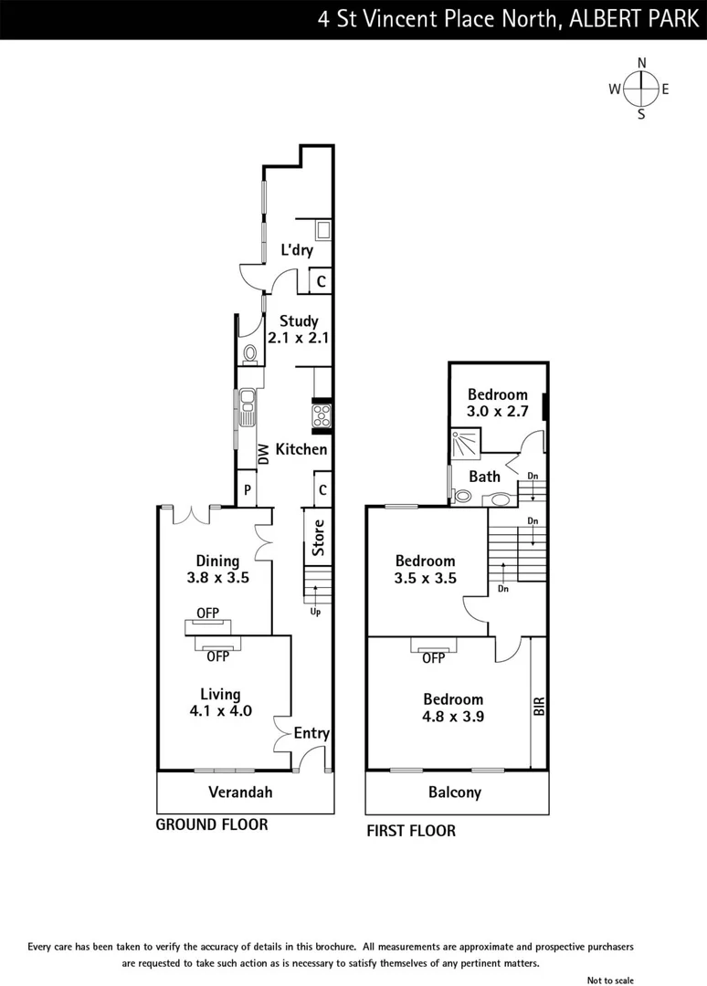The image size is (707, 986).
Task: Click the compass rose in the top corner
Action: pos(641,88)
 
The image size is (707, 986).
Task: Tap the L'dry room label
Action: pos(297,250)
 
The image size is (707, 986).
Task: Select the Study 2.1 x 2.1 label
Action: pos(298,329)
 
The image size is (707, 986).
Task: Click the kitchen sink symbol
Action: pos(247,408)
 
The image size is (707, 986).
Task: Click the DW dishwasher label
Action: pos(262,451)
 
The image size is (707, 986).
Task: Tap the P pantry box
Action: pos(247,490)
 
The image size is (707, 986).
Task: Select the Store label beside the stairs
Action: pos(318,539)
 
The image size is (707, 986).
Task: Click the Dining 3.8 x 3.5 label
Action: pos(217,570)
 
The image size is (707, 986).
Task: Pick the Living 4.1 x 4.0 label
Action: pos(219,702)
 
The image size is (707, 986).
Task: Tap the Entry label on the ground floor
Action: pos(311,733)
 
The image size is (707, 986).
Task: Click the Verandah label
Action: pos(240,792)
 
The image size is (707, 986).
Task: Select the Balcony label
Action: pos(454,792)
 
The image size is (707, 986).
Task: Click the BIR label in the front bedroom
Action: pos(539,706)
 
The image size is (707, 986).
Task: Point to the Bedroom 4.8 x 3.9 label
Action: pos(452,708)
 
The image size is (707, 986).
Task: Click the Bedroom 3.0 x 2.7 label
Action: pos(497,403)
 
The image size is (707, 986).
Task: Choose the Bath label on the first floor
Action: pos(484,477)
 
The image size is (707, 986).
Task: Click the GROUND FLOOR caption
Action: pos(212,824)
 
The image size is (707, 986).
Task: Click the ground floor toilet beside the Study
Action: pos(249,353)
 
